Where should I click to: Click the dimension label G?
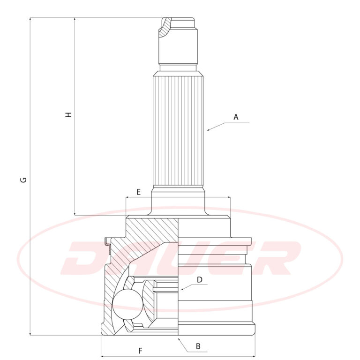pyautogui.click(x=23, y=180)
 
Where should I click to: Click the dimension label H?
pyautogui.click(x=68, y=115)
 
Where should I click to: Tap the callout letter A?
pyautogui.click(x=236, y=117)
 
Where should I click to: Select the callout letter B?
pyautogui.click(x=198, y=346)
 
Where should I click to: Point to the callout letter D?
pyautogui.click(x=200, y=280)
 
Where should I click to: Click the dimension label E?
pyautogui.click(x=138, y=192)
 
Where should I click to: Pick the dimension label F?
pyautogui.click(x=140, y=351)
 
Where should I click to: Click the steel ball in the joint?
pyautogui.click(x=128, y=304)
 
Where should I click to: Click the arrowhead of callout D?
pyautogui.click(x=182, y=289)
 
